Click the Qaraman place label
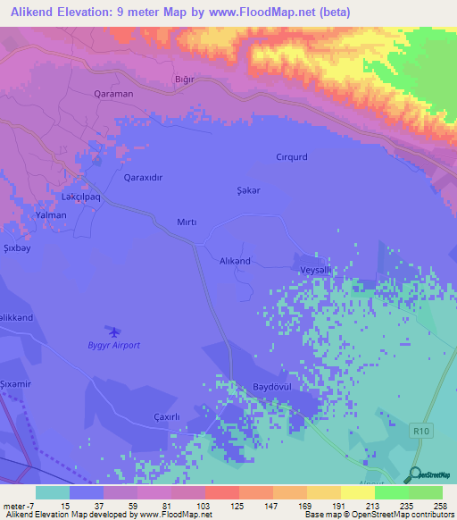tap(113, 93)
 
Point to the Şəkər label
tap(246, 189)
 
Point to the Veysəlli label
tap(315, 270)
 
